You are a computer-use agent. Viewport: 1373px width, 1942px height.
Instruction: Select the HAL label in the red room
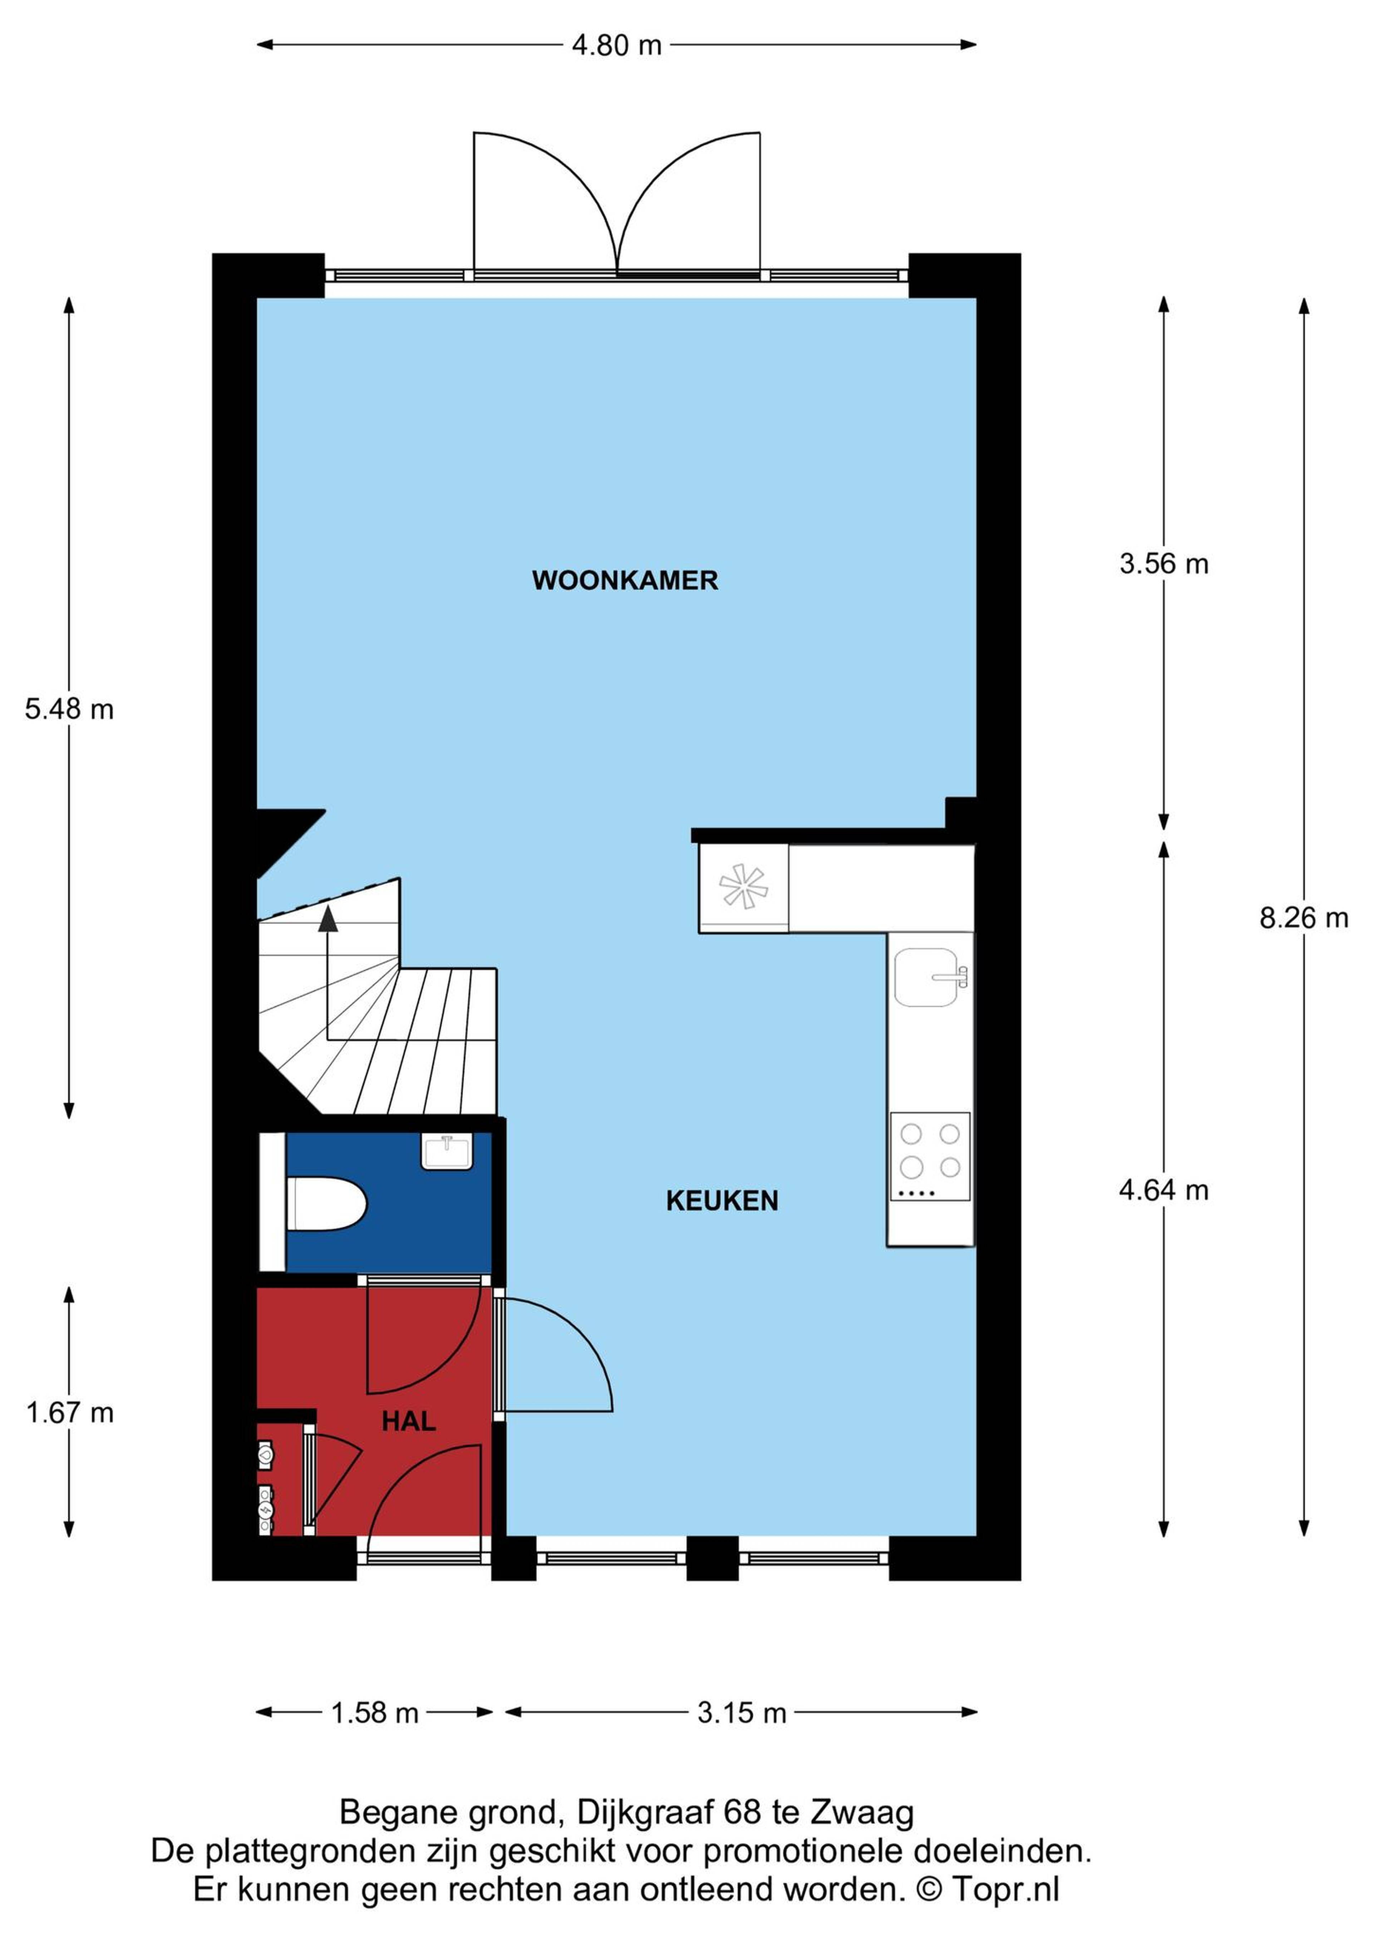point(409,1421)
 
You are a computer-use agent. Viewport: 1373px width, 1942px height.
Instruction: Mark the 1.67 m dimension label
point(69,1412)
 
